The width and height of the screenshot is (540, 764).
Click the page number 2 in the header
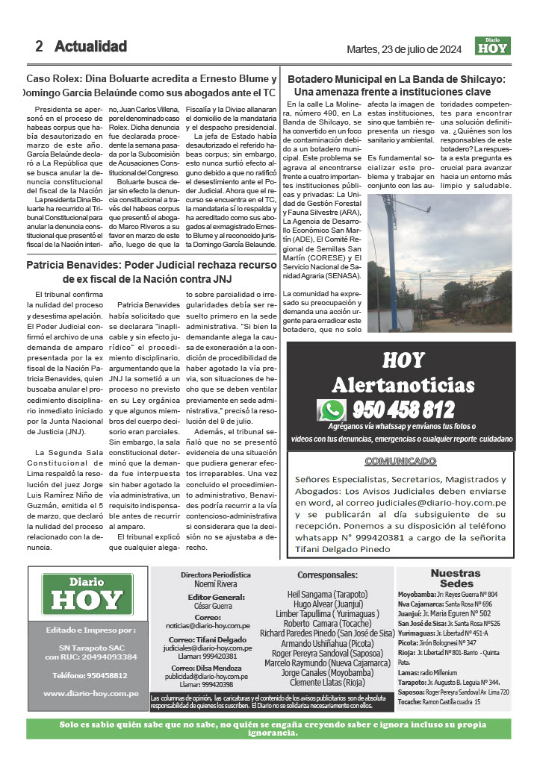(39, 46)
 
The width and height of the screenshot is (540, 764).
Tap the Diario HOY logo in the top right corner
(493, 46)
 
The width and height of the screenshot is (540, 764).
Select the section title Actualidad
(90, 46)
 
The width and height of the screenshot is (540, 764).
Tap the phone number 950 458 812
(403, 410)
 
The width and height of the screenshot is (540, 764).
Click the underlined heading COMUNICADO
(400, 460)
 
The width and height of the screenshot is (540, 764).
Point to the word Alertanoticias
(403, 385)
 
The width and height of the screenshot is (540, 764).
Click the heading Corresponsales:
(327, 575)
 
